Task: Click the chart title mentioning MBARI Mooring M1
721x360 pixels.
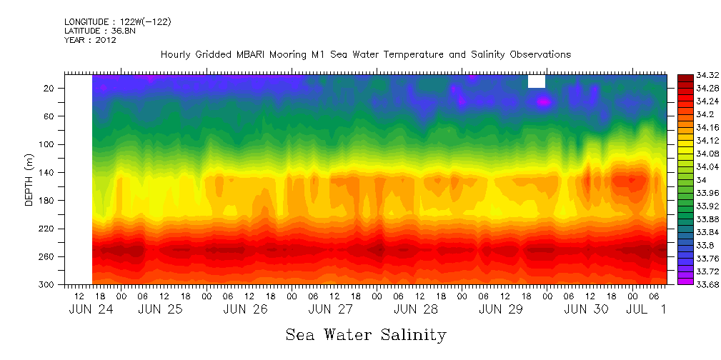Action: point(365,55)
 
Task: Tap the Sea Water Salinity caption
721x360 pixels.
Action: point(366,334)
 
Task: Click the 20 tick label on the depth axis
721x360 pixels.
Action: point(50,88)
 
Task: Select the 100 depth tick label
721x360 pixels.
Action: point(48,144)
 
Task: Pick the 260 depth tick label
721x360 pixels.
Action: point(48,256)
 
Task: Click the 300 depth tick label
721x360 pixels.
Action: point(48,284)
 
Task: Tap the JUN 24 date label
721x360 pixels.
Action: point(91,309)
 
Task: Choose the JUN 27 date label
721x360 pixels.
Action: point(331,309)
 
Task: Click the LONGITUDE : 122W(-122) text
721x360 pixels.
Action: point(117,22)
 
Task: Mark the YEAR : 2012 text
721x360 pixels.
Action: point(90,40)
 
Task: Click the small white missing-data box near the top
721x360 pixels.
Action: point(537,81)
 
